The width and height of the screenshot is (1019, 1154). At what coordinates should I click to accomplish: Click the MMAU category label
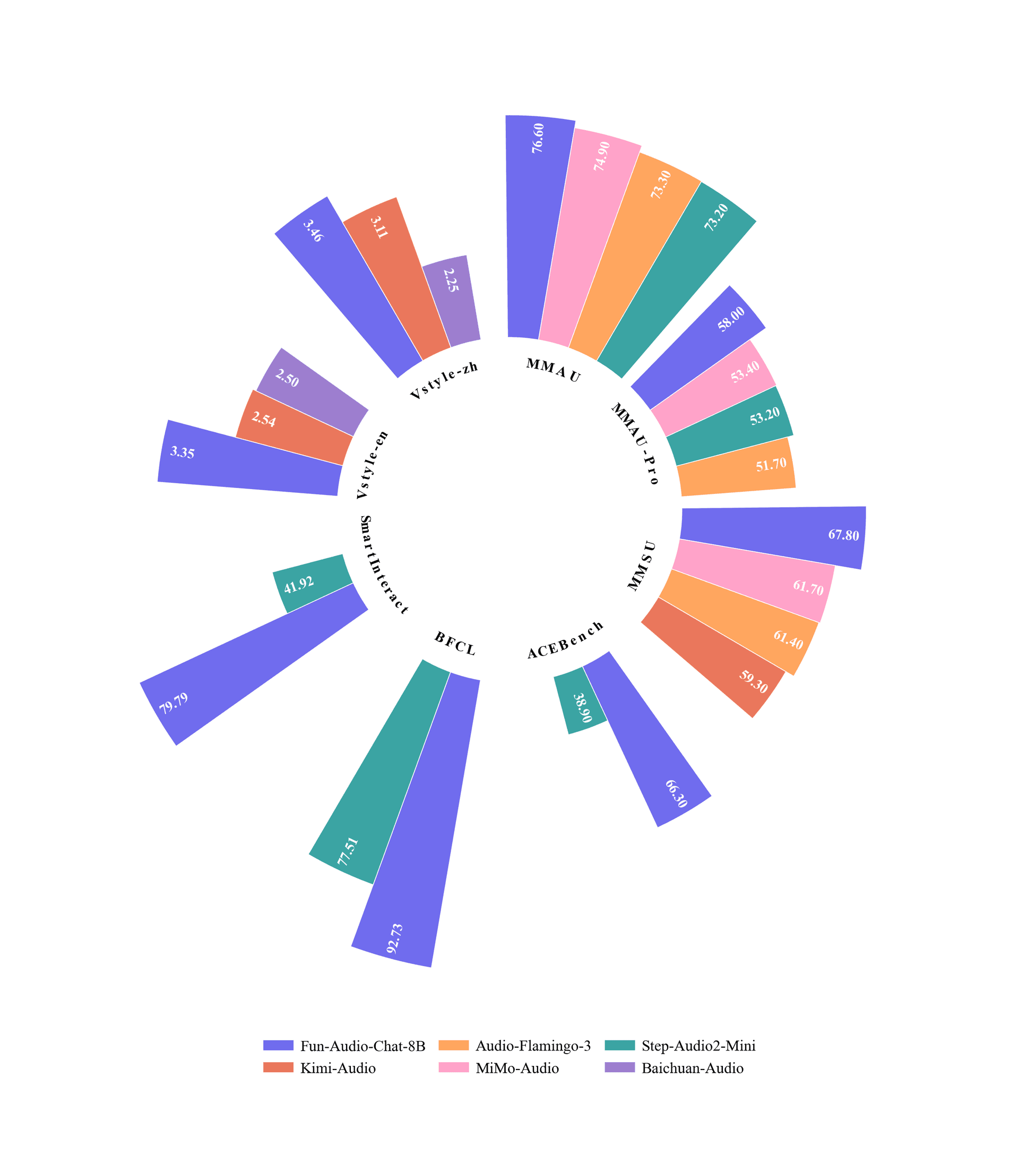[x=553, y=370]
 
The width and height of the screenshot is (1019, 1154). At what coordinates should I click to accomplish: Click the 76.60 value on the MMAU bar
[x=538, y=138]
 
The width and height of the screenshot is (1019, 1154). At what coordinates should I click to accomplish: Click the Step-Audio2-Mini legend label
[x=698, y=1046]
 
